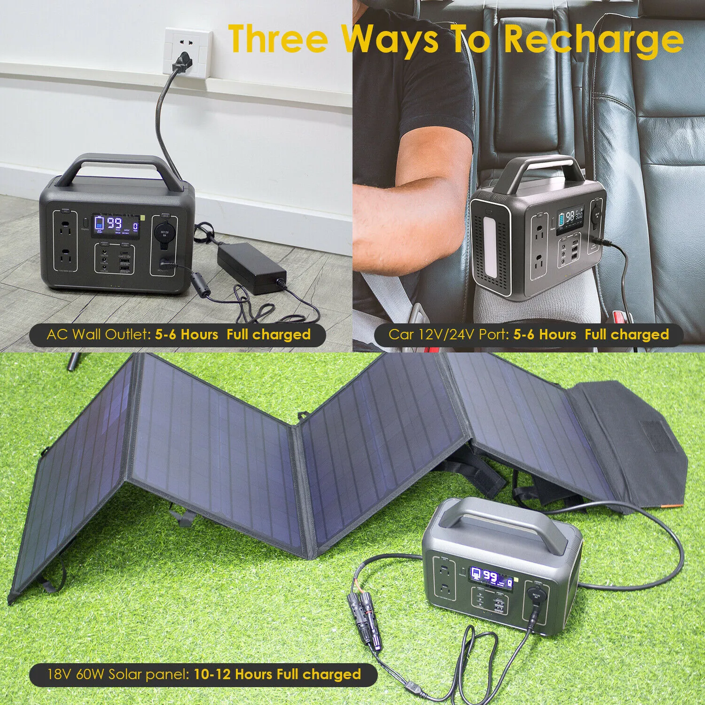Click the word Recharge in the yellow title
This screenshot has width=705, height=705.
click(x=594, y=40)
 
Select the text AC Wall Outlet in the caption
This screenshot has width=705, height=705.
click(x=98, y=335)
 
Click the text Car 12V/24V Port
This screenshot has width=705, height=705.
click(x=448, y=335)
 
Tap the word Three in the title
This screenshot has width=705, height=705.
click(x=278, y=40)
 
